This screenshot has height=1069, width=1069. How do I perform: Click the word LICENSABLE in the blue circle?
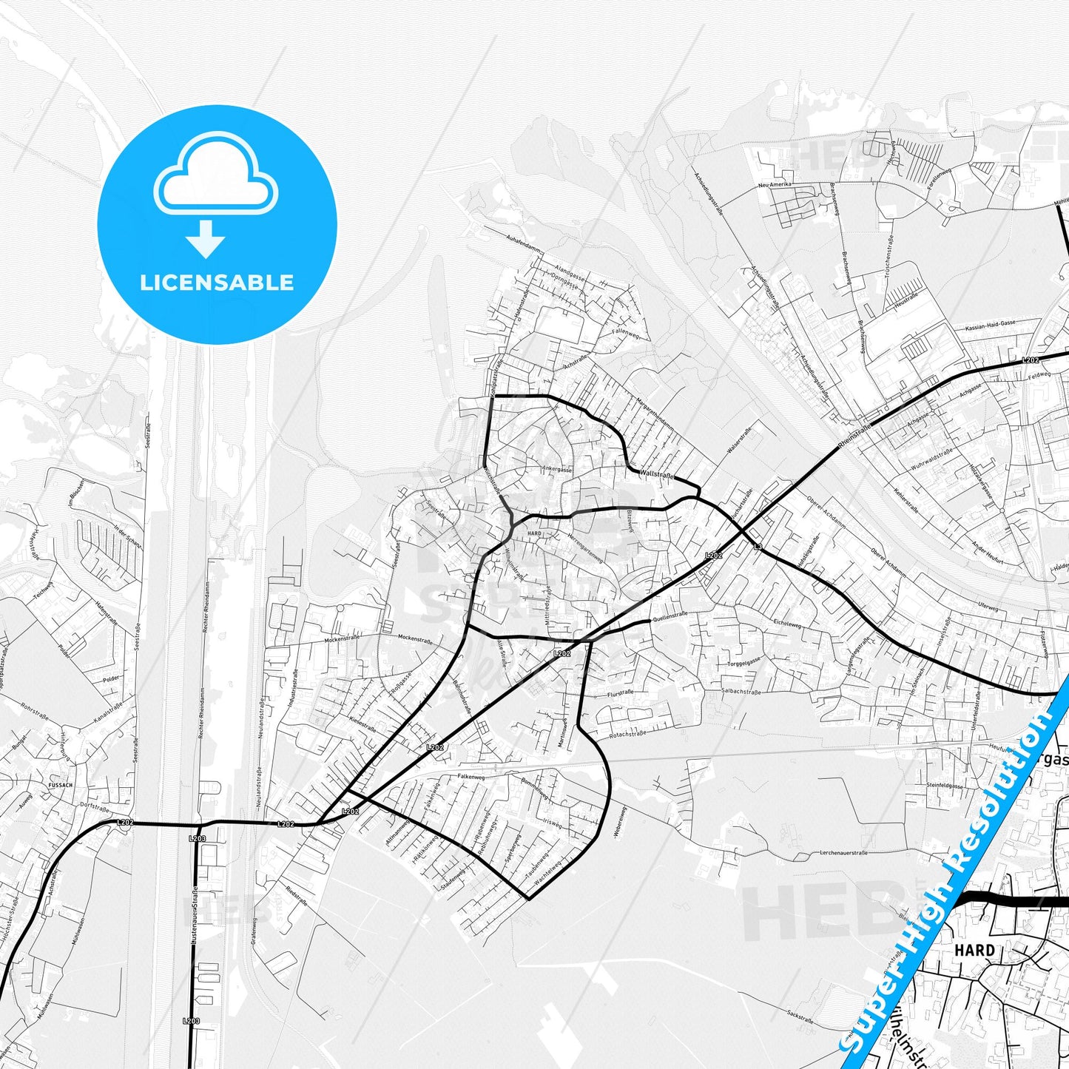click(217, 283)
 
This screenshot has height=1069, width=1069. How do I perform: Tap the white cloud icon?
click(216, 175)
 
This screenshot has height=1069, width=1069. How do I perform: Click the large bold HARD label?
click(974, 950)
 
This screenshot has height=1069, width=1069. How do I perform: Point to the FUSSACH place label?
click(60, 785)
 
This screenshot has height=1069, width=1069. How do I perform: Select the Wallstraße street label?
click(657, 476)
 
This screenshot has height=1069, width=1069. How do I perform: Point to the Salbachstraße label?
click(741, 692)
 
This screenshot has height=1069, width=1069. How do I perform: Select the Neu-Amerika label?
click(775, 184)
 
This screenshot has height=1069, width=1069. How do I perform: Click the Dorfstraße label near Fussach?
click(95, 808)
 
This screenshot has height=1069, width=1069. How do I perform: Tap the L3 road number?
click(757, 546)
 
